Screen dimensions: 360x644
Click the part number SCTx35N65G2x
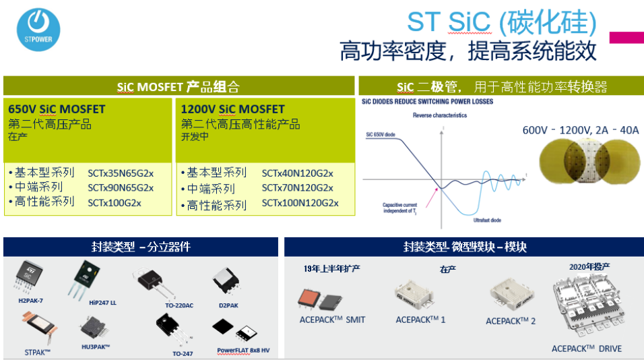pyautogui.click(x=121, y=173)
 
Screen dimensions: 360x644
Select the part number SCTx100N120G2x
pyautogui.click(x=300, y=203)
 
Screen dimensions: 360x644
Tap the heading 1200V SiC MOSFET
pyautogui.click(x=232, y=109)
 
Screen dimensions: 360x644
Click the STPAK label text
pyautogui.click(x=38, y=352)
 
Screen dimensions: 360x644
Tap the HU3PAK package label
pyautogui.click(x=96, y=347)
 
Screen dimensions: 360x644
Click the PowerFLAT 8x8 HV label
pyautogui.click(x=243, y=351)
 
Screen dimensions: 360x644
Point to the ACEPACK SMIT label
pyautogui.click(x=332, y=320)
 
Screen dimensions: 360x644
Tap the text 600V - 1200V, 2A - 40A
pyautogui.click(x=581, y=130)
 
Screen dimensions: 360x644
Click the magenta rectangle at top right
pyautogui.click(x=626, y=38)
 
